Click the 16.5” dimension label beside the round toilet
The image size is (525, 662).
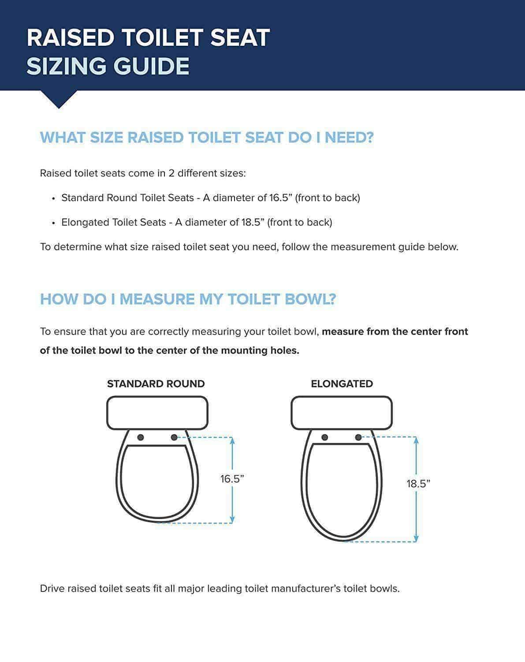[x=232, y=479]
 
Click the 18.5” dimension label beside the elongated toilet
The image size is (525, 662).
[x=417, y=484]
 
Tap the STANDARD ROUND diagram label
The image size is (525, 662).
[x=156, y=384]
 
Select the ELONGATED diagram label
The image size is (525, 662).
[x=342, y=384]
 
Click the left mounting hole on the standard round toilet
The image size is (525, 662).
[x=141, y=437]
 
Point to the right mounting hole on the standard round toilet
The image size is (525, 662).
[x=174, y=437]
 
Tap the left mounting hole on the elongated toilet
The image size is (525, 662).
[x=325, y=437]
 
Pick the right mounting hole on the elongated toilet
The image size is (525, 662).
[x=358, y=437]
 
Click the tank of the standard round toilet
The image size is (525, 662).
[x=157, y=413]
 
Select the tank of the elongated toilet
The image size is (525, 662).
[x=342, y=413]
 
